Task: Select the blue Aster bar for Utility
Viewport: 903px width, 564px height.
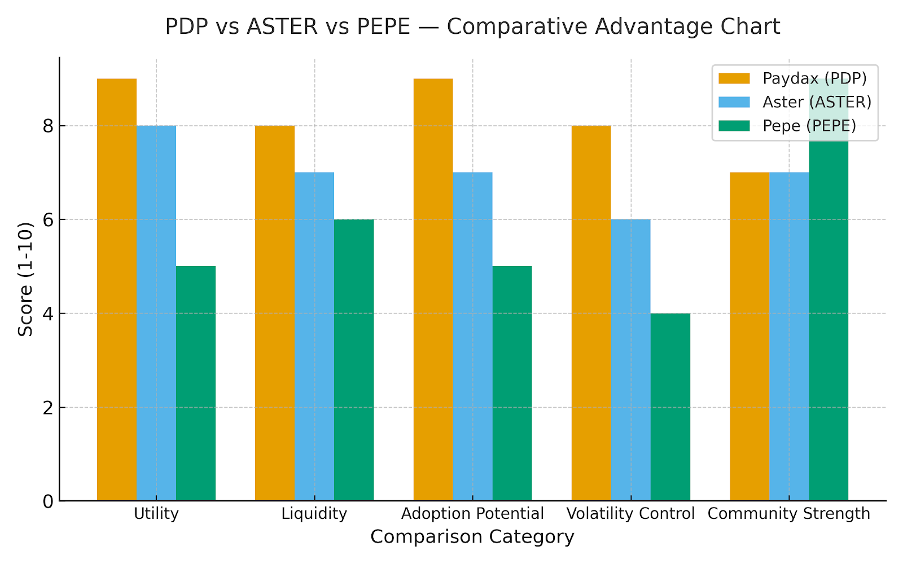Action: pos(156,313)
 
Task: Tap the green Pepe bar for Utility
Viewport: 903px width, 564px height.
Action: pos(196,384)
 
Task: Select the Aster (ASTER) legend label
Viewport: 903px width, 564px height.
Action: pos(817,102)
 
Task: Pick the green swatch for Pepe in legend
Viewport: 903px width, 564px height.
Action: pos(734,126)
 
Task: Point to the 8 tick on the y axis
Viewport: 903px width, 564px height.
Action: pos(48,126)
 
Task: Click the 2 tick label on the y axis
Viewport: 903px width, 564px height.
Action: pos(48,407)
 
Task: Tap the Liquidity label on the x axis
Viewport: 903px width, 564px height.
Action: pos(314,514)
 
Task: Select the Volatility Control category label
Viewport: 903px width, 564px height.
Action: pos(630,514)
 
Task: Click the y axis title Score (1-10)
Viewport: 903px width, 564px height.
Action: pos(25,279)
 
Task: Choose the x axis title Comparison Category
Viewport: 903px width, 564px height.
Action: pos(472,537)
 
